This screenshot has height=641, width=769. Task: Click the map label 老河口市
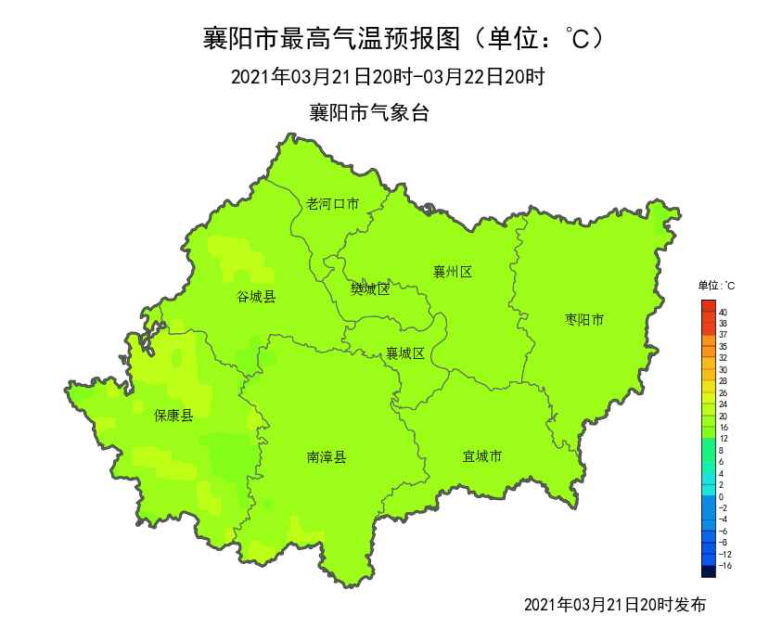(332, 204)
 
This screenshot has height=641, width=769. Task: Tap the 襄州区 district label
(453, 272)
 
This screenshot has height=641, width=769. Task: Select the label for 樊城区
(369, 288)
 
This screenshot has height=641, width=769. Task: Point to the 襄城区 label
(405, 353)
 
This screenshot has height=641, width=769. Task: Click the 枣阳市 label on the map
(584, 320)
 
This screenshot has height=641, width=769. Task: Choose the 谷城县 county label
(256, 297)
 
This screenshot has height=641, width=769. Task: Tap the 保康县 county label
(173, 416)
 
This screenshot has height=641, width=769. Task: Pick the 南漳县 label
(327, 457)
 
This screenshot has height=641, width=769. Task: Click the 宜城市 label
(482, 456)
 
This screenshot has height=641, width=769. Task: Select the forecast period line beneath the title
(387, 77)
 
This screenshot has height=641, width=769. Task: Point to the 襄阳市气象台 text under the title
(369, 113)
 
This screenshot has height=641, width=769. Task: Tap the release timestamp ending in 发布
(614, 605)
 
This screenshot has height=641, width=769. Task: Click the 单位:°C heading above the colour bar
(716, 286)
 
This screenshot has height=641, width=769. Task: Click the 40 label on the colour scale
(723, 313)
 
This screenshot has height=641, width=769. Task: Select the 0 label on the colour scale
(721, 497)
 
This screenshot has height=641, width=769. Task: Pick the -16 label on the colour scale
(724, 565)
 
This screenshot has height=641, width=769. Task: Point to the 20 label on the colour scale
(723, 417)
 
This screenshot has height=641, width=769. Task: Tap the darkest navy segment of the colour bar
(709, 571)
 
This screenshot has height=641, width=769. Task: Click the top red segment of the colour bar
(709, 305)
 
